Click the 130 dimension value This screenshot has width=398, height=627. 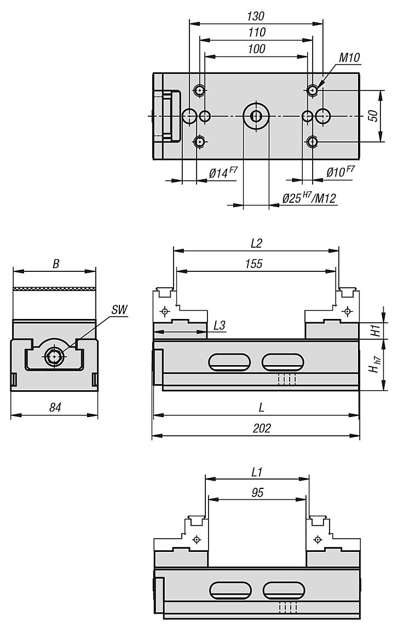pyautogui.click(x=256, y=16)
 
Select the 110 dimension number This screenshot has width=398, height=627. pyautogui.click(x=256, y=32)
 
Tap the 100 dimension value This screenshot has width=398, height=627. pyautogui.click(x=256, y=49)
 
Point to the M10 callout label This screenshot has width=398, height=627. pyautogui.click(x=350, y=58)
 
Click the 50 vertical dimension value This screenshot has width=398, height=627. pyautogui.click(x=373, y=116)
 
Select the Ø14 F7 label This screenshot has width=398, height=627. pyautogui.click(x=223, y=172)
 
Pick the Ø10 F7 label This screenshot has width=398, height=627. pyautogui.click(x=340, y=172)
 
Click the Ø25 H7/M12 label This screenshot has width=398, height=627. pyautogui.click(x=309, y=197)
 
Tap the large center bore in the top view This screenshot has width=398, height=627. pyautogui.click(x=256, y=116)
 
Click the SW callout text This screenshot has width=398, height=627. pyautogui.click(x=119, y=310)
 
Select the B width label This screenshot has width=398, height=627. pyautogui.click(x=56, y=264)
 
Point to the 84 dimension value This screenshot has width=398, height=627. pyautogui.click(x=55, y=407)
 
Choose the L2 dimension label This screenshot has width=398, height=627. pyautogui.click(x=256, y=243)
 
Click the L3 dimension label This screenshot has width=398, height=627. pyautogui.click(x=220, y=325)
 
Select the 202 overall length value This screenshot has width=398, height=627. pyautogui.click(x=262, y=428)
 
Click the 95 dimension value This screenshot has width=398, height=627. pyautogui.click(x=257, y=492)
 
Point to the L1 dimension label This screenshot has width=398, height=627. pyautogui.click(x=257, y=472)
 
